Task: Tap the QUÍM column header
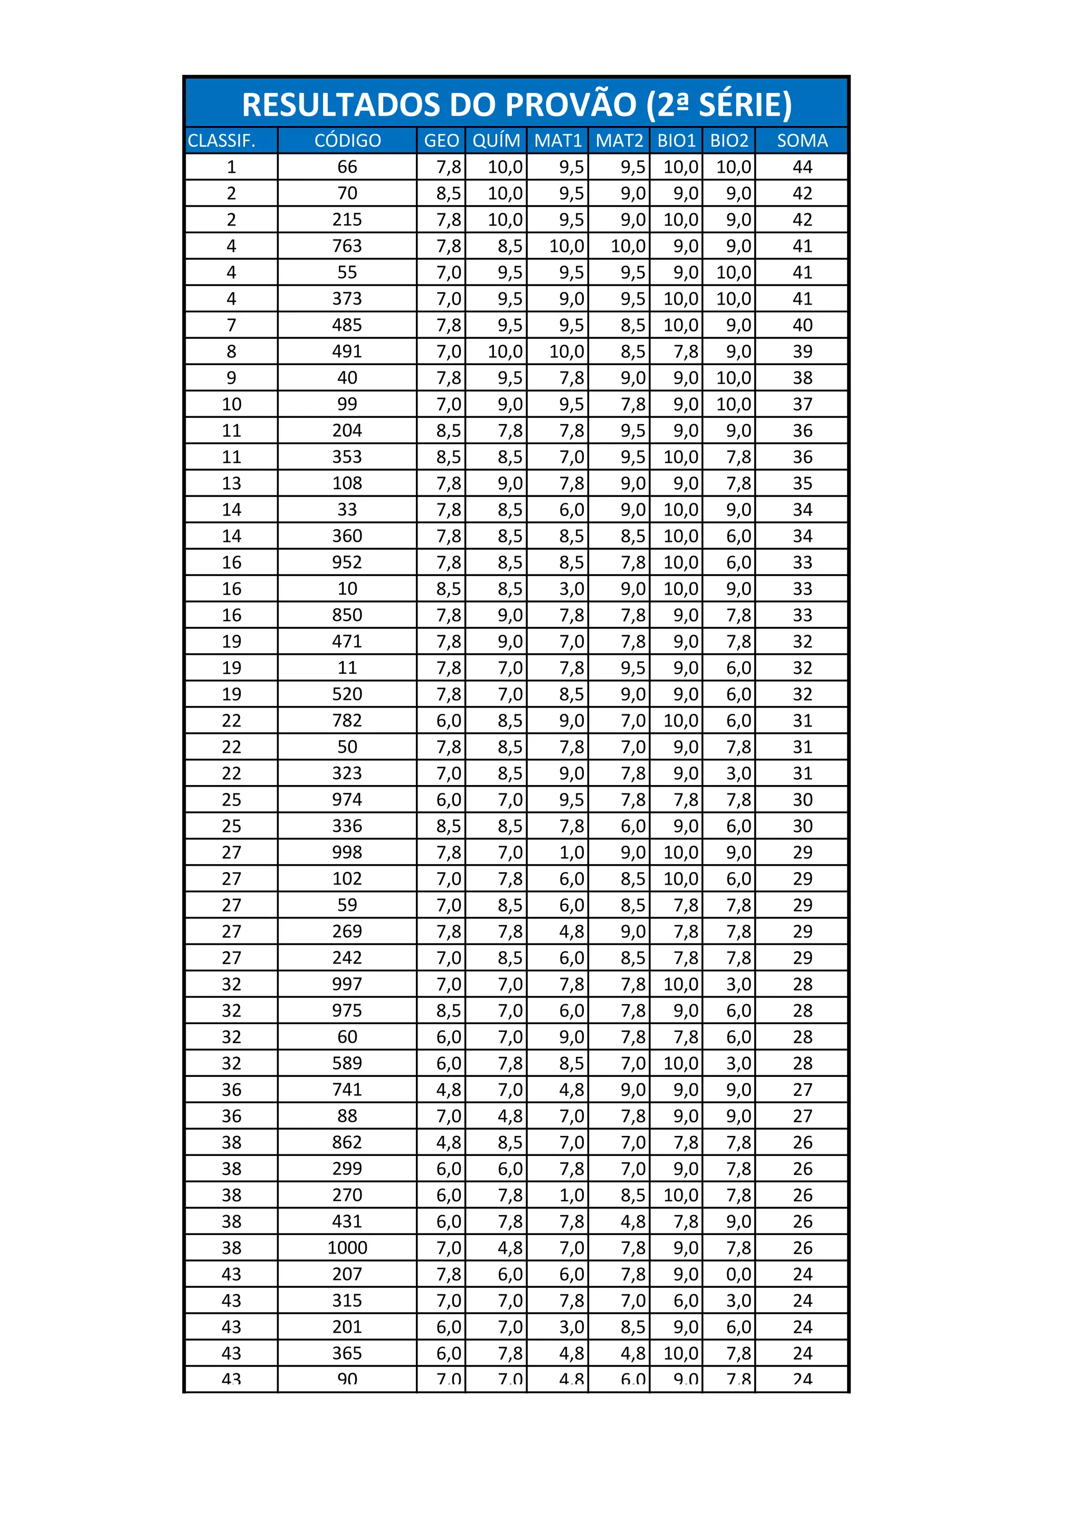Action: coord(496,140)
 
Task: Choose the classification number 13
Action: coord(231,483)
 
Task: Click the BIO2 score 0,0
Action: coord(738,1275)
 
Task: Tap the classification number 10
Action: coord(231,404)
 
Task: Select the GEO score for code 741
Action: coord(448,1090)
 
